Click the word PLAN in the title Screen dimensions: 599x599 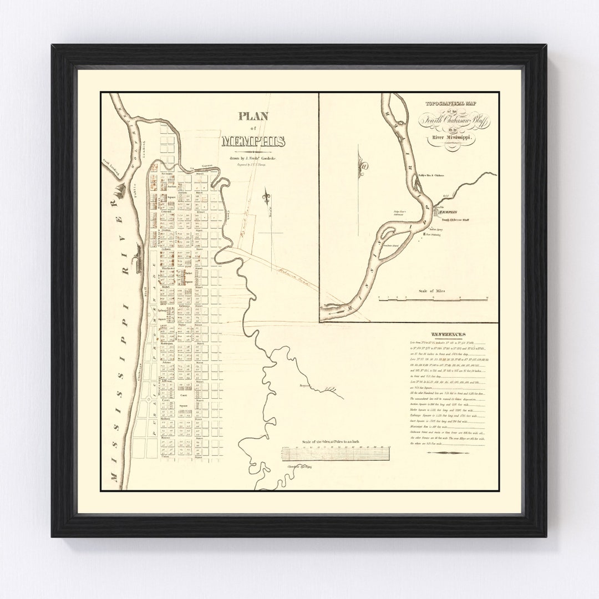click(x=253, y=116)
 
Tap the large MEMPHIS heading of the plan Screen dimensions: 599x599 click(x=253, y=141)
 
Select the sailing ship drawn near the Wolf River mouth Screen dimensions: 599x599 click(x=118, y=194)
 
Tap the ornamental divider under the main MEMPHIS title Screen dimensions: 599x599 click(x=253, y=151)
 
